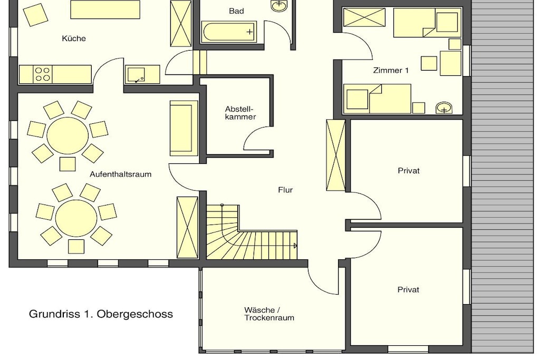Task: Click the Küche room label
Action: pyautogui.click(x=74, y=38)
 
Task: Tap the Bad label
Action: pyautogui.click(x=236, y=11)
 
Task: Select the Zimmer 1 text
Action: pyautogui.click(x=391, y=70)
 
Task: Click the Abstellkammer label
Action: pyautogui.click(x=240, y=113)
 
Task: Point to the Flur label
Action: pyautogui.click(x=285, y=190)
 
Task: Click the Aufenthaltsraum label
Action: pyautogui.click(x=121, y=174)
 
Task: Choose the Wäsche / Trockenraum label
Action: pyautogui.click(x=269, y=314)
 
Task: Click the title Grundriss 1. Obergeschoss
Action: pyautogui.click(x=101, y=314)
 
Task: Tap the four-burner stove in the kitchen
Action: pyautogui.click(x=42, y=74)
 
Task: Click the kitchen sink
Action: pyautogui.click(x=136, y=74)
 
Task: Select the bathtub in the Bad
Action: pyautogui.click(x=229, y=32)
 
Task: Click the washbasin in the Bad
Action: pyautogui.click(x=278, y=5)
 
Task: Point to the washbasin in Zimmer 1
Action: pyautogui.click(x=444, y=108)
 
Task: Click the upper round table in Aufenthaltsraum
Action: pyautogui.click(x=67, y=134)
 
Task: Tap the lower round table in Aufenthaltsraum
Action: pyautogui.click(x=76, y=218)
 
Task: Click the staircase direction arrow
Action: pyautogui.click(x=295, y=246)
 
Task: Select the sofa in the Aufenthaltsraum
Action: pyautogui.click(x=184, y=128)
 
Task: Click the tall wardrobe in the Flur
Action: pyautogui.click(x=336, y=155)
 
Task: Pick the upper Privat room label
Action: pyautogui.click(x=409, y=170)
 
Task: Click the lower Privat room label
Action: pyautogui.click(x=409, y=289)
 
